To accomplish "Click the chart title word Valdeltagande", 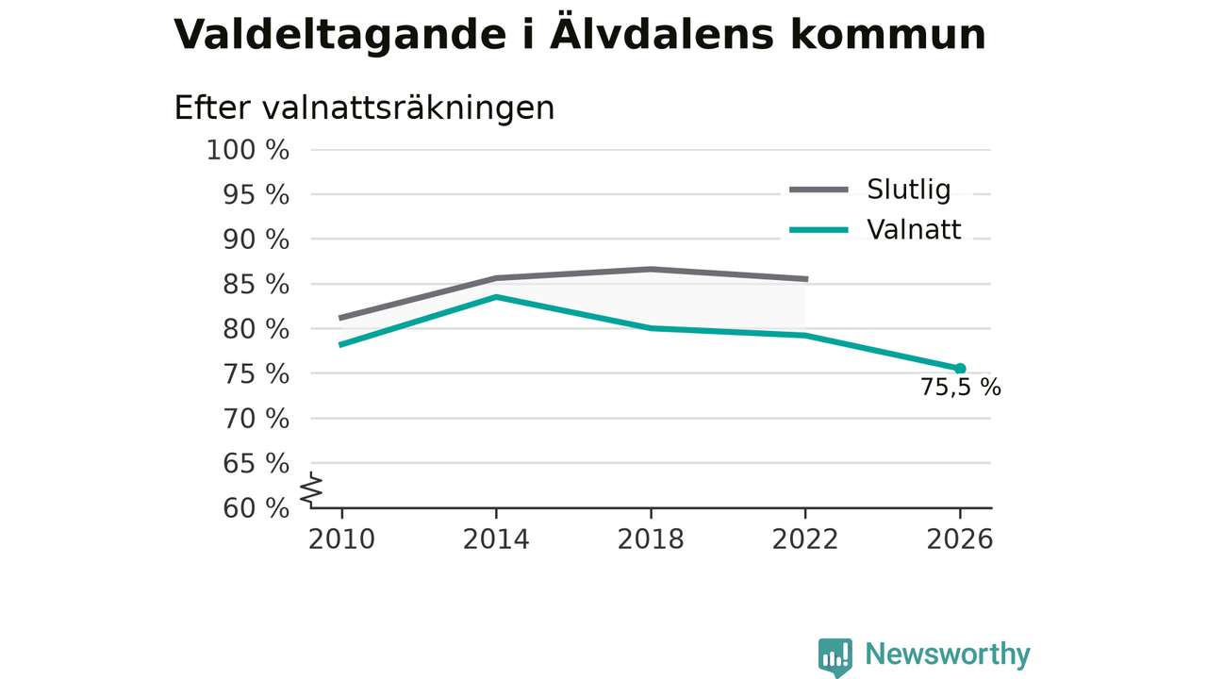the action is tap(340, 36).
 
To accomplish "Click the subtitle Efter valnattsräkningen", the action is tap(364, 108).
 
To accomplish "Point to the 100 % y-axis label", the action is tap(248, 150).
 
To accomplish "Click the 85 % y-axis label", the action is tap(256, 284).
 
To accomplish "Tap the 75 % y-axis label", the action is tap(256, 373).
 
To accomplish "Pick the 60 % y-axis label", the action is tap(256, 507).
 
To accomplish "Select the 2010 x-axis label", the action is tap(341, 539).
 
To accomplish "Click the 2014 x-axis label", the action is tap(496, 539).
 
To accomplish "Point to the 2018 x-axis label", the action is tap(651, 539).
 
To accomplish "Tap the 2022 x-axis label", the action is tap(805, 539).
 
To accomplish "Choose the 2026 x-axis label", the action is tap(959, 539).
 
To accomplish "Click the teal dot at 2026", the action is tap(960, 369).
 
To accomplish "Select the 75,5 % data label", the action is tap(960, 387).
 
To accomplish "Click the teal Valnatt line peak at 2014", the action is tap(496, 296).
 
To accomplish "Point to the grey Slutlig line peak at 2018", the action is tap(651, 269).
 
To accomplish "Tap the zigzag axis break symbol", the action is tap(311, 489).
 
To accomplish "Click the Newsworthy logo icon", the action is tap(835, 657).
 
